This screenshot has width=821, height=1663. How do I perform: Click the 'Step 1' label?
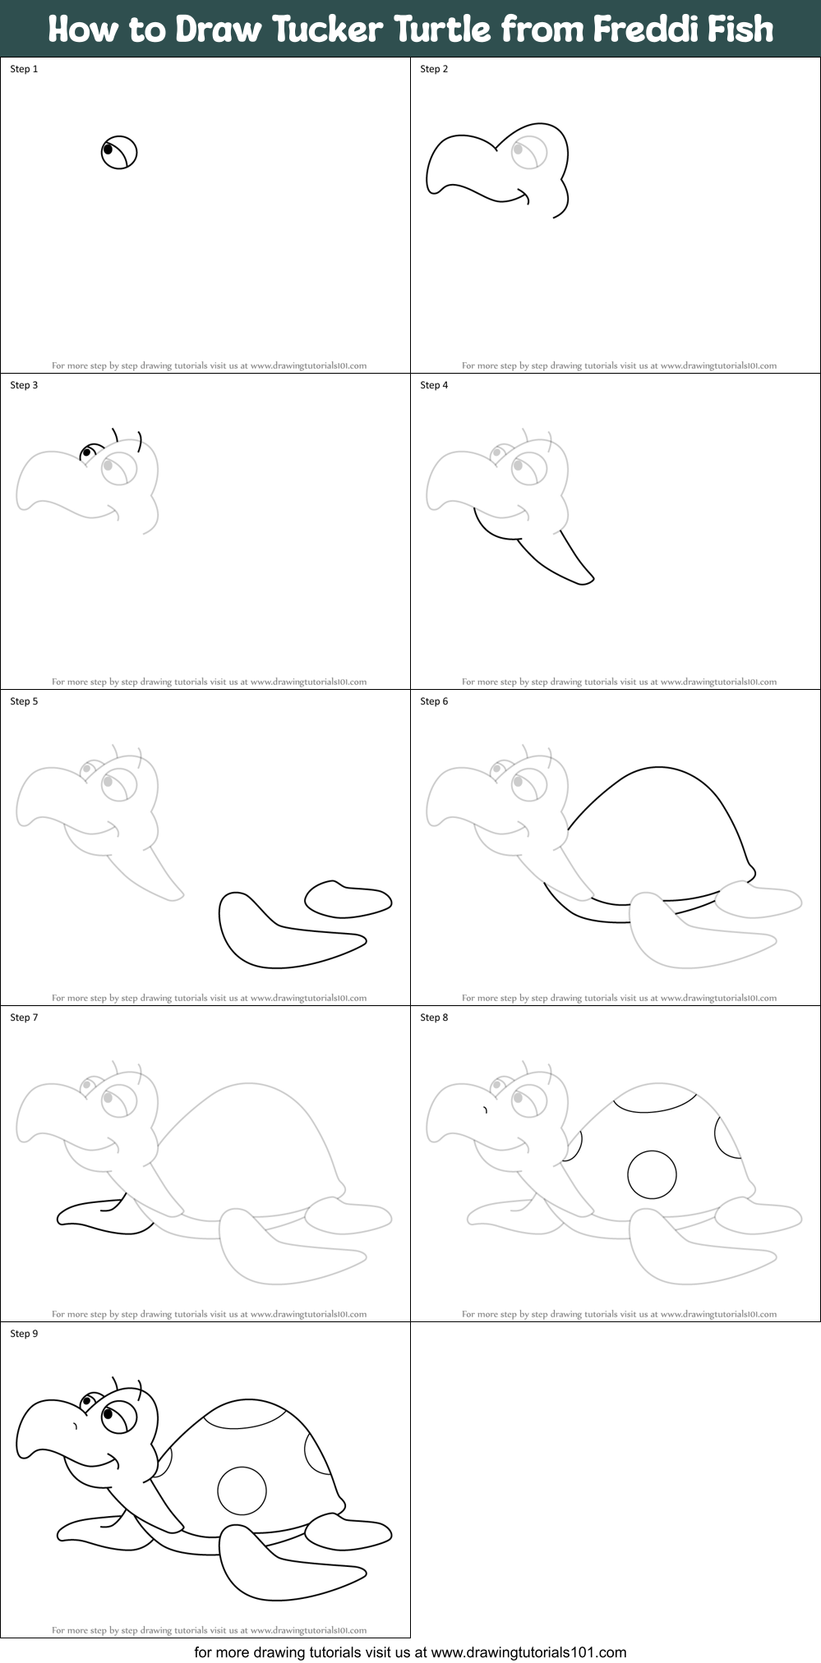pyautogui.click(x=24, y=69)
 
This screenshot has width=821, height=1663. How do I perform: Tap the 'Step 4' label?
pyautogui.click(x=434, y=385)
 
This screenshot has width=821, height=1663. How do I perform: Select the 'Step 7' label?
pyautogui.click(x=24, y=1018)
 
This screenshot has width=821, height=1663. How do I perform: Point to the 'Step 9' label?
pyautogui.click(x=24, y=1334)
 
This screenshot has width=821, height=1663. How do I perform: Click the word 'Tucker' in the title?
pyautogui.click(x=328, y=29)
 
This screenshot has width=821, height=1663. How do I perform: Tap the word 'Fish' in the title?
pyautogui.click(x=740, y=29)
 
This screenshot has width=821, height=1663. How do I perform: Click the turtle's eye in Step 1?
pyautogui.click(x=119, y=152)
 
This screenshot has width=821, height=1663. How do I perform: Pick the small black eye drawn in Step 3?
pyautogui.click(x=86, y=452)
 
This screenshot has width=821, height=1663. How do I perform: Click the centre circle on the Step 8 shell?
pyautogui.click(x=652, y=1174)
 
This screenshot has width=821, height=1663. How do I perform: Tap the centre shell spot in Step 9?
pyautogui.click(x=242, y=1491)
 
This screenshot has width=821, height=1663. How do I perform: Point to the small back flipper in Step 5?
pyautogui.click(x=348, y=899)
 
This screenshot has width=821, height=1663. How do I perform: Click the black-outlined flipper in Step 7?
pyautogui.click(x=103, y=1215)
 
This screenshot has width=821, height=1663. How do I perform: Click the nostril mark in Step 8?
pyautogui.click(x=486, y=1110)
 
